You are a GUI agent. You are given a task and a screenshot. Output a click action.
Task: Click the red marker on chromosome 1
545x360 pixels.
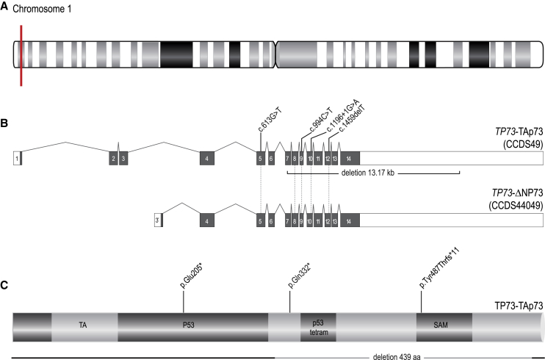[x=22, y=55]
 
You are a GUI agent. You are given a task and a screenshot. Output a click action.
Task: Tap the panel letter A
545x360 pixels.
[x=5, y=7]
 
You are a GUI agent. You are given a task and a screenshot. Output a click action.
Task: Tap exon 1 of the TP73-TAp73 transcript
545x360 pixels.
[x=17, y=158]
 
